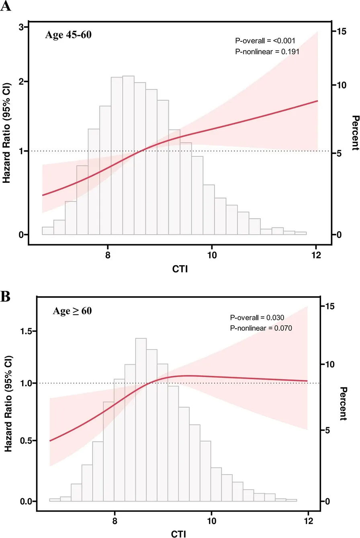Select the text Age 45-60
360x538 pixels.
pyautogui.click(x=68, y=35)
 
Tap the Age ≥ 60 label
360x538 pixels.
pyautogui.click(x=72, y=310)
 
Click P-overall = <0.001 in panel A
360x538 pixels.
pyautogui.click(x=265, y=41)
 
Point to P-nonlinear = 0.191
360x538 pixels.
pyautogui.click(x=267, y=51)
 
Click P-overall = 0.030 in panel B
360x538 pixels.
pyautogui.click(x=257, y=317)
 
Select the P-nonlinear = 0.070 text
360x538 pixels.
pyautogui.click(x=261, y=328)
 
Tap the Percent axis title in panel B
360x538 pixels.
pyautogui.click(x=342, y=403)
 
